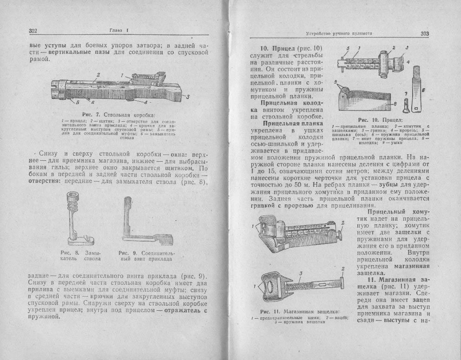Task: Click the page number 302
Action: (33, 31)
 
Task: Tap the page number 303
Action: (424, 33)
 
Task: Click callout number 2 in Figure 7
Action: (99, 74)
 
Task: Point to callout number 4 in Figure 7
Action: (145, 101)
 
